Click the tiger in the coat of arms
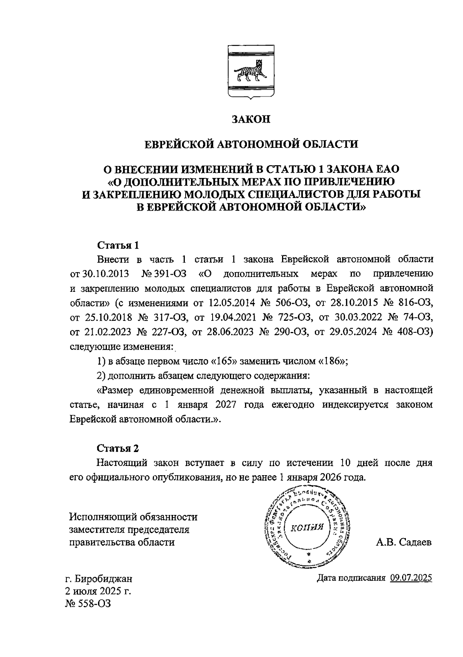point(250,72)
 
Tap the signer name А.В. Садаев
point(404,542)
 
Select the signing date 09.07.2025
point(411,578)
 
